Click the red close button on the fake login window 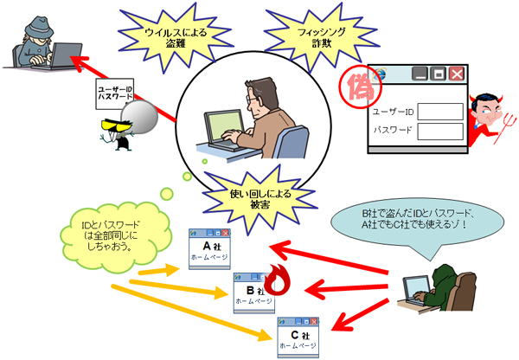(x=457, y=74)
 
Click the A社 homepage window (x=211, y=247)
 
